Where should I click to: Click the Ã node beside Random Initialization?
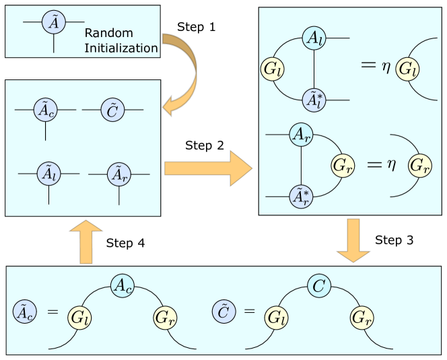[53, 23]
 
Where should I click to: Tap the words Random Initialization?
[121, 40]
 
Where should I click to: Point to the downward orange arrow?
[353, 244]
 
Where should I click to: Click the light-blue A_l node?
[314, 38]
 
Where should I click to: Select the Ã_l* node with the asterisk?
[314, 99]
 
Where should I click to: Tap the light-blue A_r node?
[300, 135]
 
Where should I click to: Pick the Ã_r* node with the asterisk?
[300, 196]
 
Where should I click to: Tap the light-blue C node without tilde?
[320, 286]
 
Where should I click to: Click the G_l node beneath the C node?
[275, 317]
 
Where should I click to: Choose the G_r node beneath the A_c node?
[164, 316]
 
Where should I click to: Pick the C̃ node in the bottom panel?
[224, 312]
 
